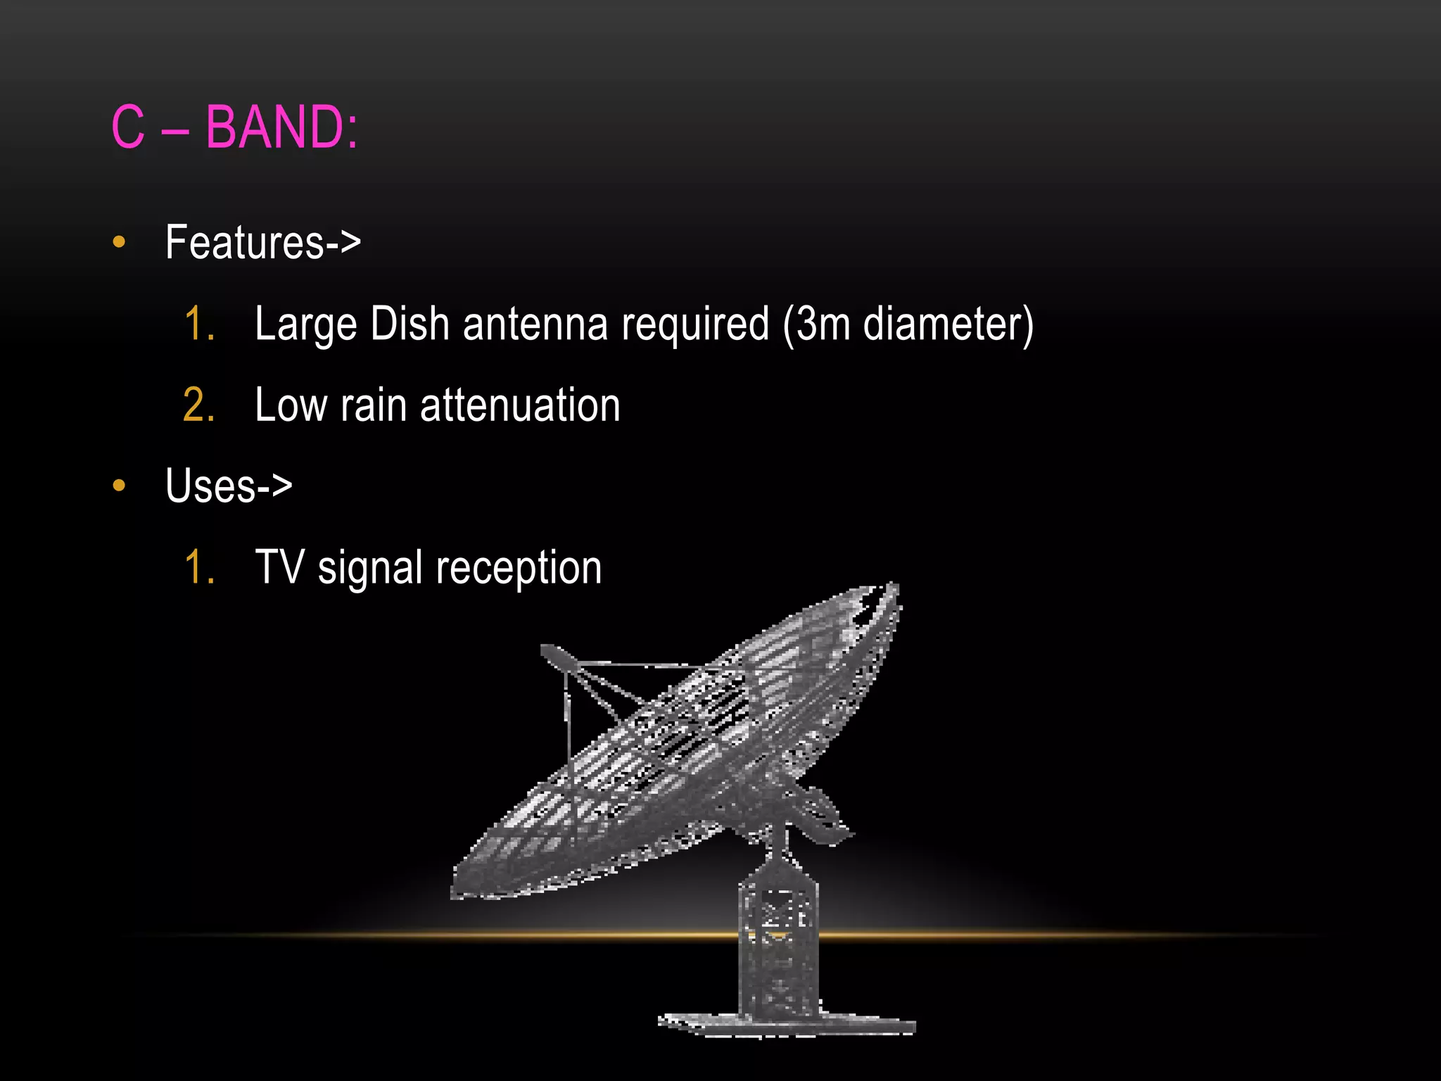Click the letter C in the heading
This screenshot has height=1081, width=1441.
point(128,127)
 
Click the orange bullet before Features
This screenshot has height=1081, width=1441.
point(119,242)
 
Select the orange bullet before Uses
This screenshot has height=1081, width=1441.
point(119,485)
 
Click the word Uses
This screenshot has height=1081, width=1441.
point(210,486)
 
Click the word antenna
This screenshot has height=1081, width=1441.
point(535,324)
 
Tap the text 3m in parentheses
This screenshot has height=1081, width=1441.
point(822,324)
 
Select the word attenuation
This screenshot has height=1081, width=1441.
point(520,405)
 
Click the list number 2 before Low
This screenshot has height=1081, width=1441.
point(198,405)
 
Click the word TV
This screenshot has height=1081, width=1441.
point(279,567)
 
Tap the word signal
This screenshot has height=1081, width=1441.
point(369,569)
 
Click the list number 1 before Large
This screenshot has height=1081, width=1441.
point(198,324)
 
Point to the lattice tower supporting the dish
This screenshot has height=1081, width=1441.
point(778,943)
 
